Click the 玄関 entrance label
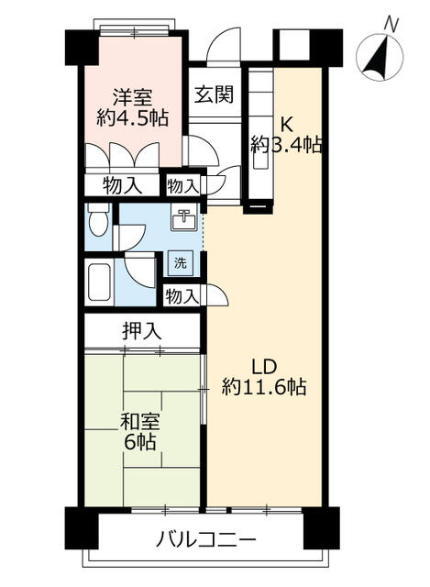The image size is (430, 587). click(x=214, y=94)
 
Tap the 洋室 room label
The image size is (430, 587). click(x=133, y=98)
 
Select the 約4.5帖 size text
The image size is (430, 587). click(x=132, y=118)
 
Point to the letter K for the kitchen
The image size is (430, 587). click(x=287, y=125)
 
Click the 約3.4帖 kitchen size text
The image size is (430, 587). click(x=286, y=145)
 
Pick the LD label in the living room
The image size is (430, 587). click(x=264, y=367)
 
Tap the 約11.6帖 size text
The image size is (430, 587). click(x=264, y=387)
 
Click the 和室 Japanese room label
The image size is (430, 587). click(x=140, y=422)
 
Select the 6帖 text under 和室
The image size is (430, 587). click(x=140, y=442)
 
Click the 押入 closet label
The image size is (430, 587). click(x=142, y=331)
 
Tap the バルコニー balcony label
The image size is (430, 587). click(x=205, y=539)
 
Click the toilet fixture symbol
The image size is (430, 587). click(x=98, y=220)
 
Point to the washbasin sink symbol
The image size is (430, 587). click(x=183, y=218)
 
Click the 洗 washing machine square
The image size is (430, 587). click(x=181, y=263)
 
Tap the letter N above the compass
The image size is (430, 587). click(x=391, y=26)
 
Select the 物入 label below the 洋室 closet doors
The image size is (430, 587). click(x=122, y=185)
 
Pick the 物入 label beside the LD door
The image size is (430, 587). click(x=182, y=296)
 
